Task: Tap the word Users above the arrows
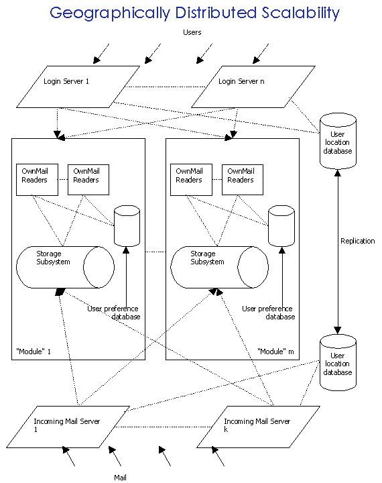(192, 32)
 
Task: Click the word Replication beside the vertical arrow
(357, 241)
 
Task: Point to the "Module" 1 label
(34, 352)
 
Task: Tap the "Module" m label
(275, 352)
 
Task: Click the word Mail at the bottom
(120, 478)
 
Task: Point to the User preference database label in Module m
(269, 313)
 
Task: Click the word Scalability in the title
(301, 13)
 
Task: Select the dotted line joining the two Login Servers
(166, 87)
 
